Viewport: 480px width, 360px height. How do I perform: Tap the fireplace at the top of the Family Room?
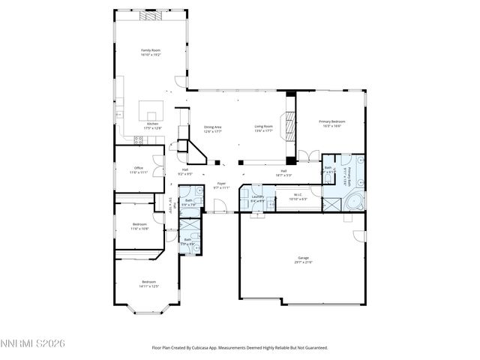152,14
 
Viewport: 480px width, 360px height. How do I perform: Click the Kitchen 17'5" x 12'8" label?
152,125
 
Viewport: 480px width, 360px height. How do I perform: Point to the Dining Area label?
213,129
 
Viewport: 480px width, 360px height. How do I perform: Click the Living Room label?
263,128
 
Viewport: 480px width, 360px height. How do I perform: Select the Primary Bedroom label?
331,123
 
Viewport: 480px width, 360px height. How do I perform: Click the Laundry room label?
256,199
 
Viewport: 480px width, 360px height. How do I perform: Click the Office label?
138,169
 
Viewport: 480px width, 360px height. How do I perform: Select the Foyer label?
221,185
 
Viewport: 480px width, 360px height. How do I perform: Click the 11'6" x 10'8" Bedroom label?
140,226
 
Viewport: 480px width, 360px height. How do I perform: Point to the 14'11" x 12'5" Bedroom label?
148,284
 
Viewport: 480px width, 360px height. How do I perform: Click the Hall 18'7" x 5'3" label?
284,173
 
